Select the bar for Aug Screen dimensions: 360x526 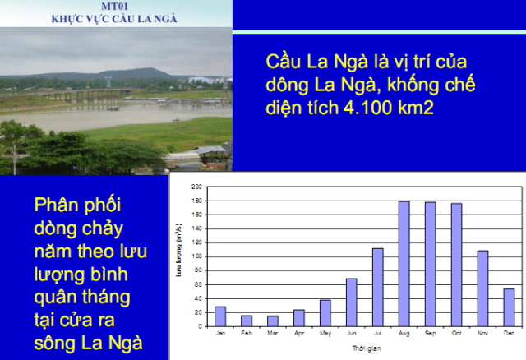coord(404,264)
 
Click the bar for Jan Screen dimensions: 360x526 coord(220,316)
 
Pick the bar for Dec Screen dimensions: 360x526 coord(509,307)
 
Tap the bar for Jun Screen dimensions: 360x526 coord(351,302)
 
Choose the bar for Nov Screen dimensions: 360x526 coord(482,288)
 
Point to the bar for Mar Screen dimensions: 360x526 coord(272,321)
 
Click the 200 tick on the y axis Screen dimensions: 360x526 coord(197,187)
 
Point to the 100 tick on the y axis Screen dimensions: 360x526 coord(197,256)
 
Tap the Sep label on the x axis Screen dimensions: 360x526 coord(430,334)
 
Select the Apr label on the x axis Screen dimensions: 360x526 coord(298,334)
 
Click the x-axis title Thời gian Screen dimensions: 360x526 coord(364,348)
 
